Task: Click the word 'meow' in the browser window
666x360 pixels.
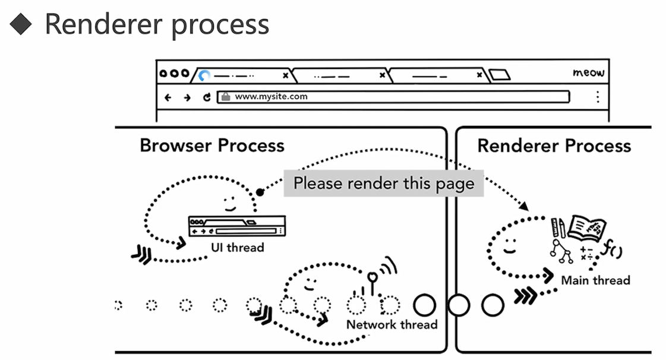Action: pyautogui.click(x=588, y=72)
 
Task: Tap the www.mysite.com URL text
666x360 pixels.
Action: pyautogui.click(x=271, y=96)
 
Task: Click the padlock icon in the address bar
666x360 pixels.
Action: pyautogui.click(x=225, y=97)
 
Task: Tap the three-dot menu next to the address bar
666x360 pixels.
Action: pyautogui.click(x=597, y=97)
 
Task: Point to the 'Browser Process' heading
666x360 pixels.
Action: pyautogui.click(x=212, y=146)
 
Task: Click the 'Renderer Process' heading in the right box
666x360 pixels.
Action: pyautogui.click(x=554, y=146)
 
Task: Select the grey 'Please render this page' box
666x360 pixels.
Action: pyautogui.click(x=383, y=183)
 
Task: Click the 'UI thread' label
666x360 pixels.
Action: pyautogui.click(x=237, y=247)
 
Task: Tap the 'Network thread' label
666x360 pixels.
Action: pyautogui.click(x=392, y=324)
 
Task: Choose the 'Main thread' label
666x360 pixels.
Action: pyautogui.click(x=595, y=280)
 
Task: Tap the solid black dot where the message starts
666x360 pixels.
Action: pyautogui.click(x=260, y=192)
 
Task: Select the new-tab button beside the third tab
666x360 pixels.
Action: pyautogui.click(x=499, y=75)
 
